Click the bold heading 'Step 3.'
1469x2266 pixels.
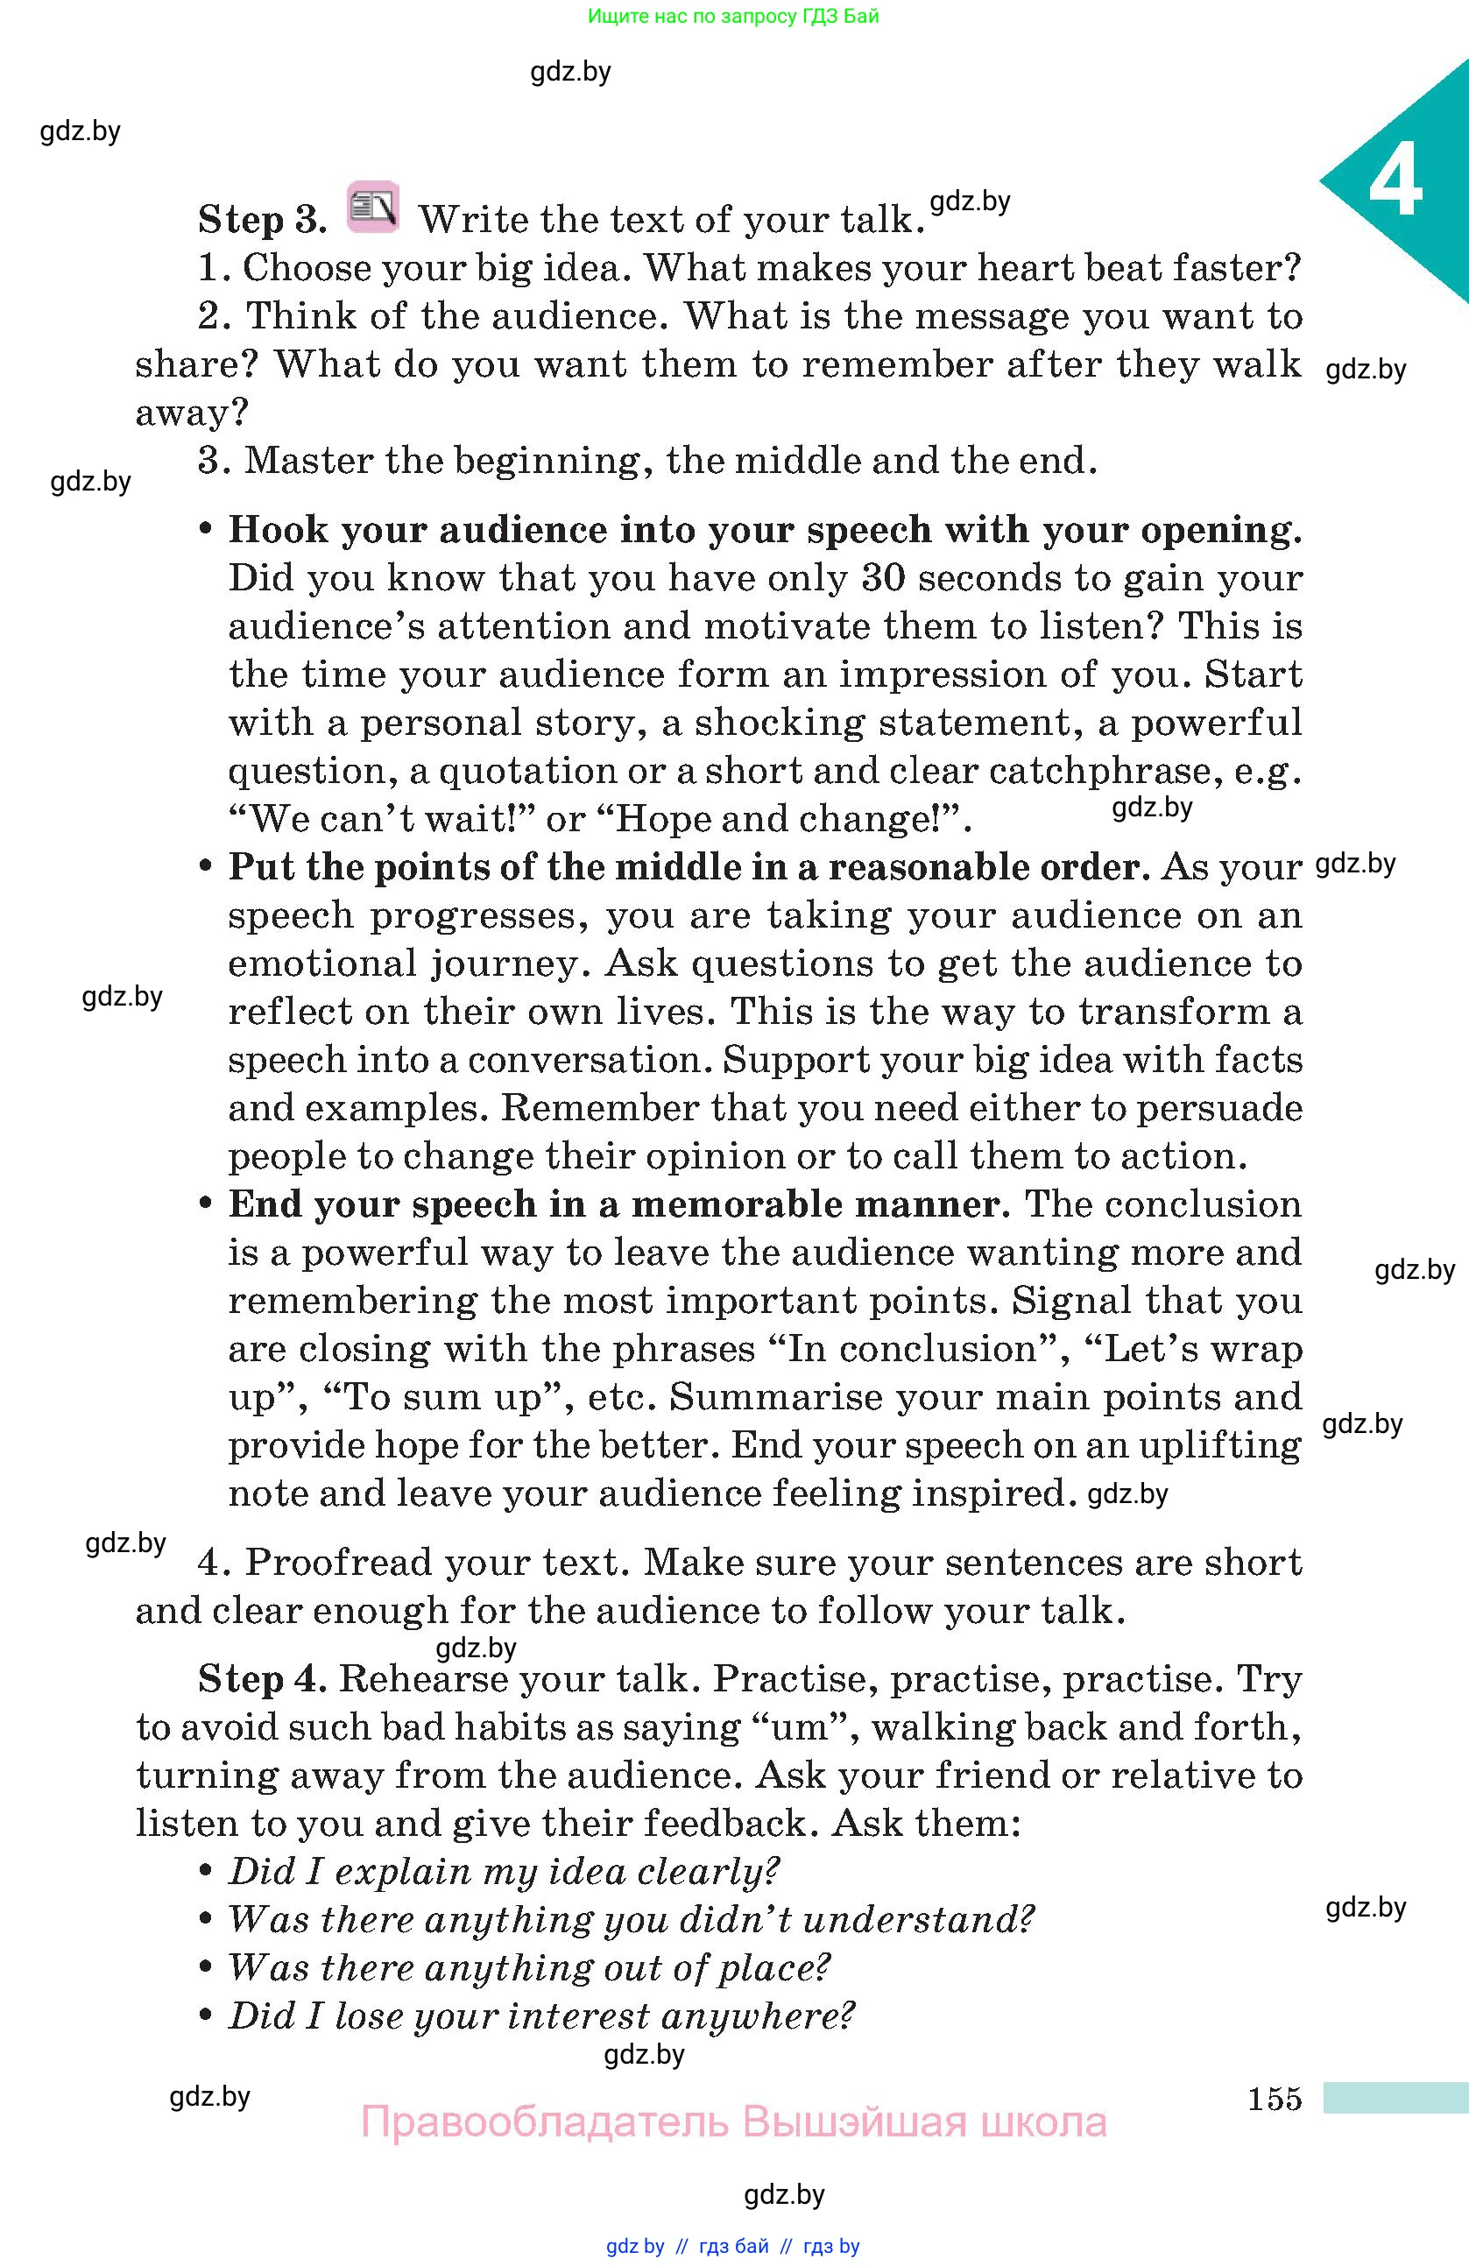(x=262, y=220)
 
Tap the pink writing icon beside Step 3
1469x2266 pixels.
(x=372, y=207)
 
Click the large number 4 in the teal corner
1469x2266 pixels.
(x=1395, y=183)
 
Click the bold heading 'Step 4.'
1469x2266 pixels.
(x=262, y=1678)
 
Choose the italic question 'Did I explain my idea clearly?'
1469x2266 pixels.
(x=504, y=1871)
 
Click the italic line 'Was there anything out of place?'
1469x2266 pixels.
(x=529, y=1967)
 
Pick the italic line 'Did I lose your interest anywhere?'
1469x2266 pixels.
(x=540, y=2015)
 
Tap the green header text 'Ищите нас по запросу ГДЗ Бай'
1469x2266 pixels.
(x=733, y=16)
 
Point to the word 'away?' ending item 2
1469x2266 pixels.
(x=191, y=413)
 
